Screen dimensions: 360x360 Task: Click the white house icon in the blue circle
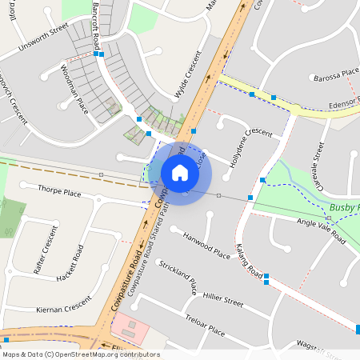pos(180,172)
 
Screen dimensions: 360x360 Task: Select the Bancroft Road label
pos(95,26)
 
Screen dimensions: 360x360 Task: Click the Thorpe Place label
pos(61,192)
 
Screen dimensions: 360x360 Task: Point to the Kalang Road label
pos(249,262)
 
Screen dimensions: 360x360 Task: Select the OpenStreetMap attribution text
pos(81,354)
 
